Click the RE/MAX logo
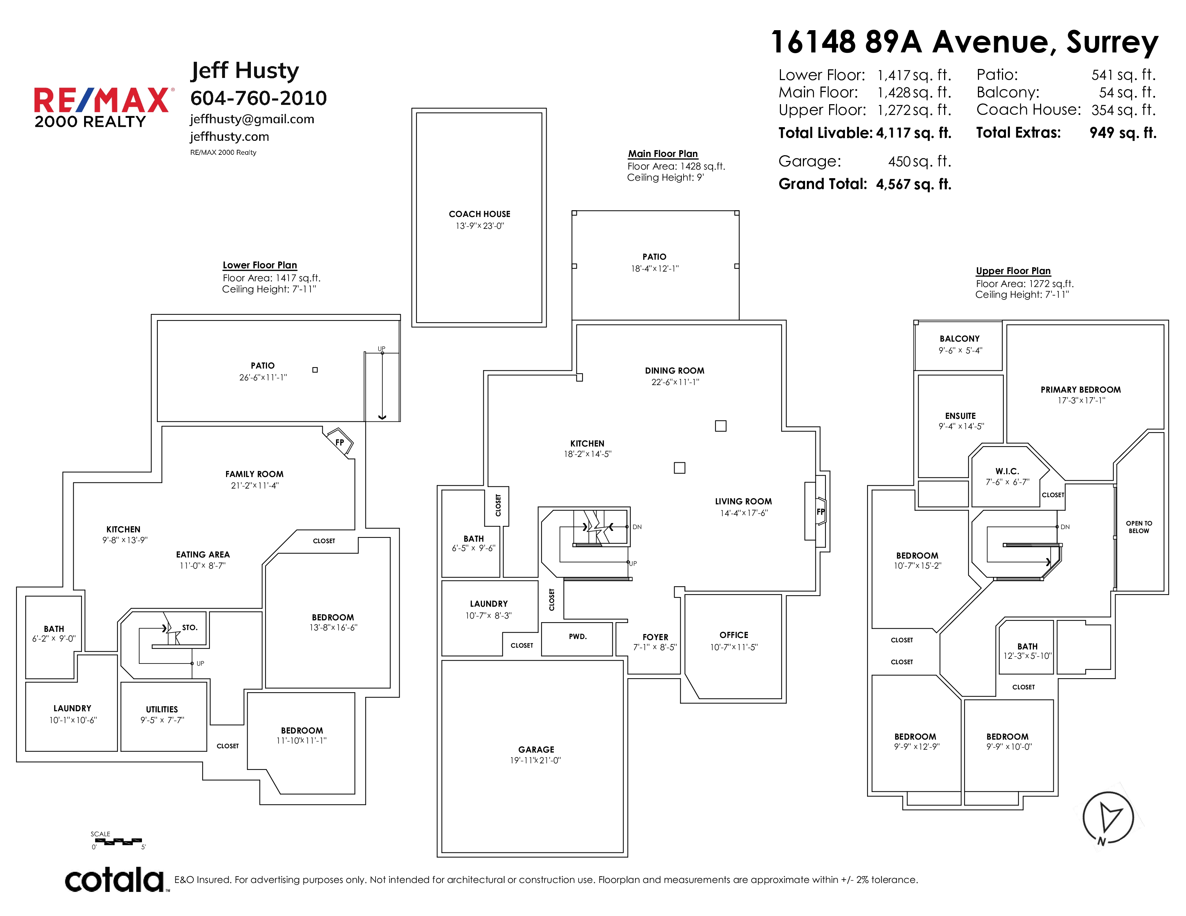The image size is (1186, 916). tap(103, 107)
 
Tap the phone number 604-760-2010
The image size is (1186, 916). tap(258, 98)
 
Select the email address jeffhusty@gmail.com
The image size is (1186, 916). tap(252, 119)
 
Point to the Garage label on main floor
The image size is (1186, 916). tap(536, 749)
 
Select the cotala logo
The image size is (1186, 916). tap(115, 880)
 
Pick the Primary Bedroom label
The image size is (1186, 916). tap(1081, 390)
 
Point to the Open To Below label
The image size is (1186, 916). tap(1139, 527)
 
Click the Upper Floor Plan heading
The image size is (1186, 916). tap(1013, 271)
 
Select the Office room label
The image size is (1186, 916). tap(734, 635)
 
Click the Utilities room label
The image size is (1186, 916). tap(162, 709)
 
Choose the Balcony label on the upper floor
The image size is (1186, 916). tap(960, 339)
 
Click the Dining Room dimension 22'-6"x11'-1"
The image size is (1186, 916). tap(675, 382)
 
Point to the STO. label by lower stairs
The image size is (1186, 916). tap(189, 627)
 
